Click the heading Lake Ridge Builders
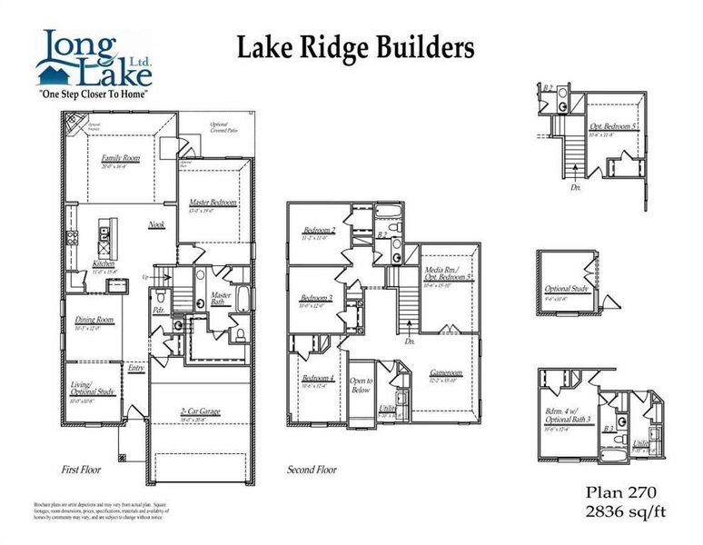pyautogui.click(x=355, y=48)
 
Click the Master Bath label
pyautogui.click(x=222, y=299)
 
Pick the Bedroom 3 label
pyautogui.click(x=317, y=298)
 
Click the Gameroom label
pyautogui.click(x=446, y=372)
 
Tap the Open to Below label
pyautogui.click(x=361, y=385)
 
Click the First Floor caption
pyautogui.click(x=81, y=471)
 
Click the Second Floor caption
pyautogui.click(x=312, y=471)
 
